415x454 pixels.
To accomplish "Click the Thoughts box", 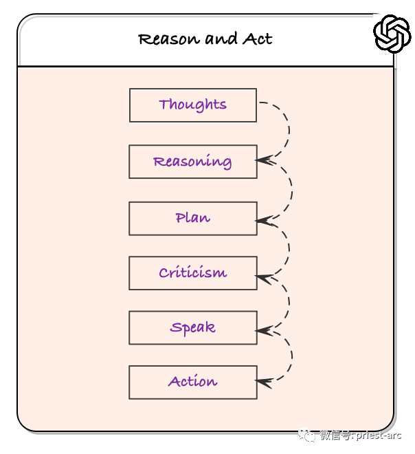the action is click(193, 105).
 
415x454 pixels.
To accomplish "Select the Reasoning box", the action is click(193, 162).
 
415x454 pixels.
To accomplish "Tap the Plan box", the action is click(193, 218).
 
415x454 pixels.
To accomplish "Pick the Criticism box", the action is click(193, 273).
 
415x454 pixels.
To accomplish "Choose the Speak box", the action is click(193, 327).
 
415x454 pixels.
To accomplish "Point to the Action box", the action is click(193, 382).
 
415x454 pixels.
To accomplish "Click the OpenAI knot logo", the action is click(392, 34).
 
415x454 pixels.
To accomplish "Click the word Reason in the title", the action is click(169, 39).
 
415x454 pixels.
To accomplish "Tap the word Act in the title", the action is click(257, 39).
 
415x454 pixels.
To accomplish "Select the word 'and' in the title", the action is click(221, 39).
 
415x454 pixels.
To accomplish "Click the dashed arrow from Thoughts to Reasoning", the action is click(289, 130).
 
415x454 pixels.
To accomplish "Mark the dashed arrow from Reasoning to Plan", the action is click(291, 191).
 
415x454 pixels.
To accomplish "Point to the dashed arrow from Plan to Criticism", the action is click(289, 248).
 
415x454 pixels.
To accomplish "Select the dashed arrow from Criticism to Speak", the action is click(289, 303).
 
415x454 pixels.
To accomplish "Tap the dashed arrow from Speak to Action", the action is click(291, 356).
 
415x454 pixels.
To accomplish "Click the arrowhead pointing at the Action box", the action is click(264, 382).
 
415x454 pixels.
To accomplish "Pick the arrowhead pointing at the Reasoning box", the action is click(264, 160).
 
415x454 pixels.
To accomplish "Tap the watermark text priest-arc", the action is click(379, 435).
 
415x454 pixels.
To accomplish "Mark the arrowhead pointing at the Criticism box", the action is click(264, 278).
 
